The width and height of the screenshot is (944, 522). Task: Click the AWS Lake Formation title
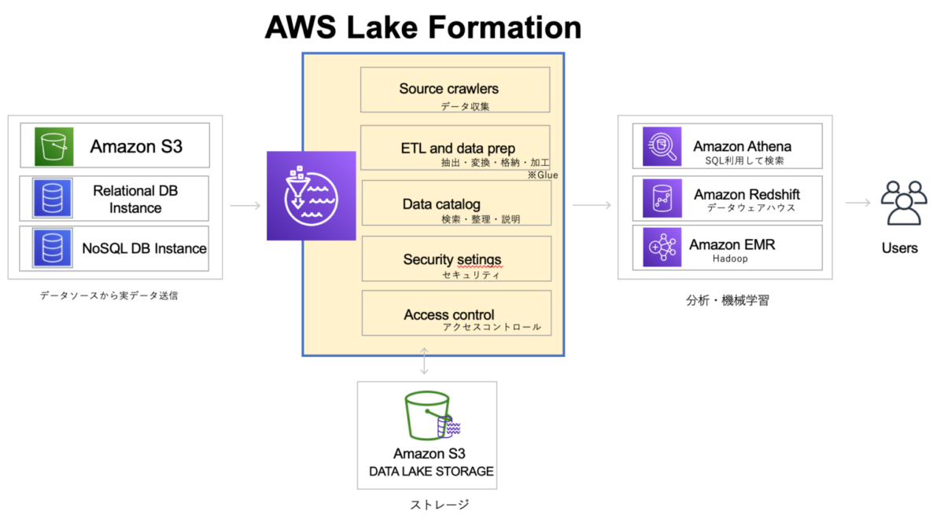(423, 27)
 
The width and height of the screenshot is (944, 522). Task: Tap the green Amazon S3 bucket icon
(53, 145)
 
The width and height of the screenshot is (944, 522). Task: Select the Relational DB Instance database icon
(52, 199)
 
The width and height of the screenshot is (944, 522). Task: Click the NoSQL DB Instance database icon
(52, 248)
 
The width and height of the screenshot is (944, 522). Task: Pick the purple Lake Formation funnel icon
(312, 196)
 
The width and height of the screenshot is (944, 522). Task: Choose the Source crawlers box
(455, 90)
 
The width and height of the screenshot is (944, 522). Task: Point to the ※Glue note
(543, 175)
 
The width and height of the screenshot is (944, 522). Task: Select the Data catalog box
(455, 204)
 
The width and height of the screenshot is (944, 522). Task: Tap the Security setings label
(452, 259)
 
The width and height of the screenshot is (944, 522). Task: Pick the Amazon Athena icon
(662, 146)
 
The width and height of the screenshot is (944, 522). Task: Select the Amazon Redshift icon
(662, 197)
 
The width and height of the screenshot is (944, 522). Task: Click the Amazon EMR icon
(662, 248)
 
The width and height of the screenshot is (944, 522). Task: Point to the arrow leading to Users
(858, 203)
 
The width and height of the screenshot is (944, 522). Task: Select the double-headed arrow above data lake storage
(425, 361)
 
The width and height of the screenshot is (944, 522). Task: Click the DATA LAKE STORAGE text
(431, 472)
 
